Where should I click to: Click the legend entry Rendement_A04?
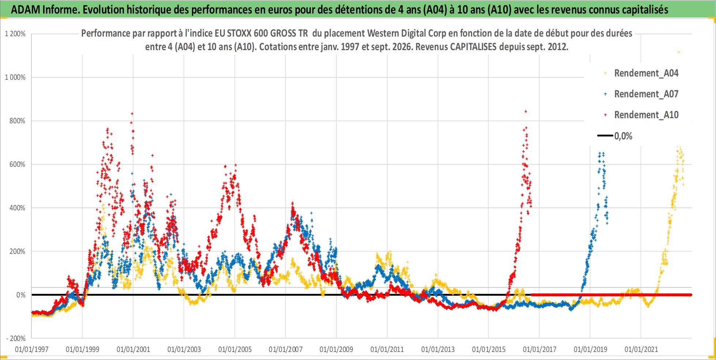(x=642, y=73)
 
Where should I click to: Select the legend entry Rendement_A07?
(x=642, y=94)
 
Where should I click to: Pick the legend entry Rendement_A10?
(x=642, y=115)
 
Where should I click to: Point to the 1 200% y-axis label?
(x=15, y=34)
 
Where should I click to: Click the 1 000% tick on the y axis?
(x=15, y=77)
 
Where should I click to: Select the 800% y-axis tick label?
(x=18, y=121)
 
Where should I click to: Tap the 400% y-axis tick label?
(x=18, y=208)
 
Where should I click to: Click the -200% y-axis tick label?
(x=16, y=338)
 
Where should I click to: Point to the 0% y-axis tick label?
(x=21, y=295)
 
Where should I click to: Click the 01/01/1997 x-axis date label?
(x=32, y=349)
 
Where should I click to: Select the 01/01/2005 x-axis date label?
(x=235, y=349)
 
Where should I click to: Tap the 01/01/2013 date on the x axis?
(x=438, y=349)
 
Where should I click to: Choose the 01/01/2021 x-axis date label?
(x=641, y=349)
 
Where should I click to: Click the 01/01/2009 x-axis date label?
(x=336, y=349)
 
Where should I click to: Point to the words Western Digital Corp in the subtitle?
(x=407, y=33)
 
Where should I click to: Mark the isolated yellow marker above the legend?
(x=679, y=52)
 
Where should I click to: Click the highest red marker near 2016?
(x=526, y=111)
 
